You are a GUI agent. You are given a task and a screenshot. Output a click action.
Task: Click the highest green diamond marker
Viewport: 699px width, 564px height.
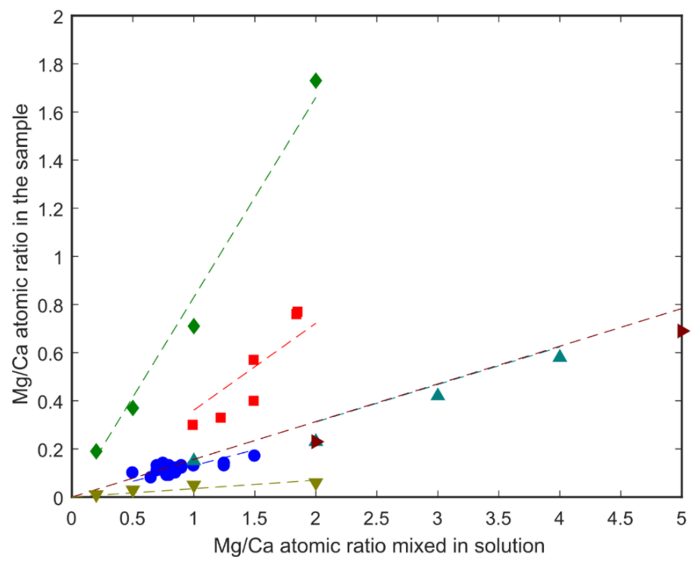pyautogui.click(x=316, y=81)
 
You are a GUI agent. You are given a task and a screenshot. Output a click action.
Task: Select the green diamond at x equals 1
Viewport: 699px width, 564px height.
pyautogui.click(x=194, y=326)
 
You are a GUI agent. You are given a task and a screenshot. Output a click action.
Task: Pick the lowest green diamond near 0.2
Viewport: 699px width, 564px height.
pyautogui.click(x=96, y=451)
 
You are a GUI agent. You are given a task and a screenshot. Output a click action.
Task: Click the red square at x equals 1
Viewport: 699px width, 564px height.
pyautogui.click(x=192, y=425)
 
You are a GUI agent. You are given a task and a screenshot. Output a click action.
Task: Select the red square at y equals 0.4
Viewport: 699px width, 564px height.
pyautogui.click(x=254, y=401)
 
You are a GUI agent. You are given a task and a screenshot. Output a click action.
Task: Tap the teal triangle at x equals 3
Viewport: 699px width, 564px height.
pyautogui.click(x=438, y=395)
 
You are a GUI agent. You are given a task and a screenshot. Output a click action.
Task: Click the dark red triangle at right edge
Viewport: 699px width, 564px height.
pyautogui.click(x=683, y=331)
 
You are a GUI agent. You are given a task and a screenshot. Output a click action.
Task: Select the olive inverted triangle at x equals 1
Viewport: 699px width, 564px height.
pyautogui.click(x=194, y=486)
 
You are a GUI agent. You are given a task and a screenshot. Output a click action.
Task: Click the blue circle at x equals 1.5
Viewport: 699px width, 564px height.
pyautogui.click(x=254, y=456)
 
